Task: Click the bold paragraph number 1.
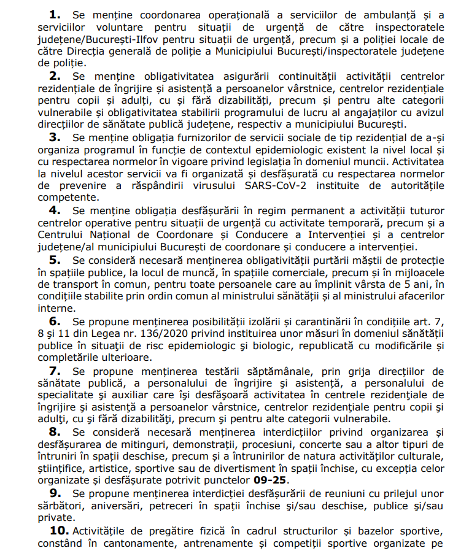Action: (x=55, y=13)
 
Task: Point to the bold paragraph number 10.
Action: (x=58, y=530)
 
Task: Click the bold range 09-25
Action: (x=270, y=480)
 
